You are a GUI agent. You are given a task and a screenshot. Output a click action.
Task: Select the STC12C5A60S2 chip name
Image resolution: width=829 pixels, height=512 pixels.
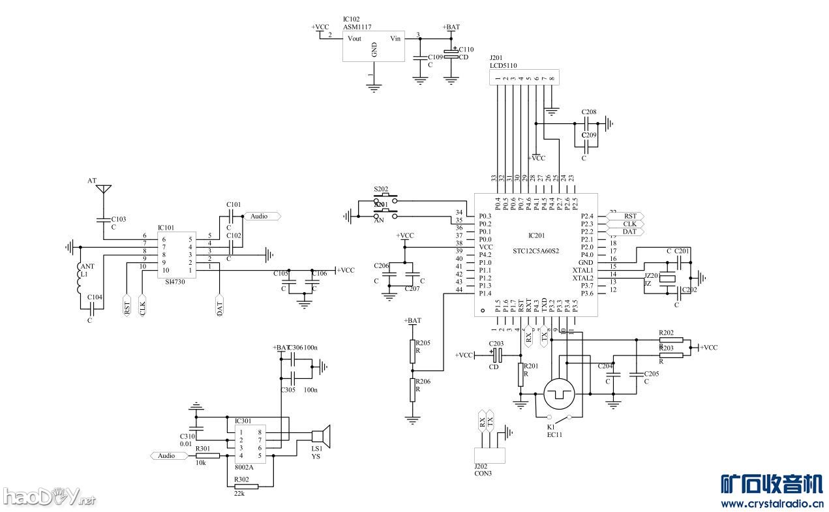click(x=536, y=250)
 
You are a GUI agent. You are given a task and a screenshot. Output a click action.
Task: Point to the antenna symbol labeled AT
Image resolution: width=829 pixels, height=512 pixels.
click(x=103, y=190)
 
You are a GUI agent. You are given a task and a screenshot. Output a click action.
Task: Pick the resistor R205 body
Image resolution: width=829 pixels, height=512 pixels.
click(x=412, y=351)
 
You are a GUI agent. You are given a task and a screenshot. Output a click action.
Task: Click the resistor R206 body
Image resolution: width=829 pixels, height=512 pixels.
click(x=412, y=389)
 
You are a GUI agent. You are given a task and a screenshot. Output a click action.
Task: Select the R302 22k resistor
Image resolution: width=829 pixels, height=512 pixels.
click(x=246, y=487)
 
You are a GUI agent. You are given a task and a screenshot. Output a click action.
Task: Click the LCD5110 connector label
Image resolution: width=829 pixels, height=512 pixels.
click(x=504, y=66)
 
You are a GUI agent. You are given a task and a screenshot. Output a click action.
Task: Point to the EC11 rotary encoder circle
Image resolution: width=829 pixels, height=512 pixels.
click(x=558, y=393)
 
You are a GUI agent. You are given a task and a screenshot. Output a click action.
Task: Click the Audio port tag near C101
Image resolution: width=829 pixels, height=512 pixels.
click(x=261, y=216)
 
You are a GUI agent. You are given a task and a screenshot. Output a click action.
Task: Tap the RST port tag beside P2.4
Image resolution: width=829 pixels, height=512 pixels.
click(x=628, y=216)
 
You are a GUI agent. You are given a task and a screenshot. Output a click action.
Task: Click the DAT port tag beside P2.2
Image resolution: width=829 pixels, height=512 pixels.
click(x=628, y=232)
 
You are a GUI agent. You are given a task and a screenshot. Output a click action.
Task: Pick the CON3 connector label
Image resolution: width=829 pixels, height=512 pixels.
click(x=483, y=473)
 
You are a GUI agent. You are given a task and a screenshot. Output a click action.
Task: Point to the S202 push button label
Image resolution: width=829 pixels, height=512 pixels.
click(x=381, y=188)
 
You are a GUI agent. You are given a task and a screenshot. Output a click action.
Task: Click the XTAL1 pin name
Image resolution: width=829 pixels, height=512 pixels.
click(x=582, y=270)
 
